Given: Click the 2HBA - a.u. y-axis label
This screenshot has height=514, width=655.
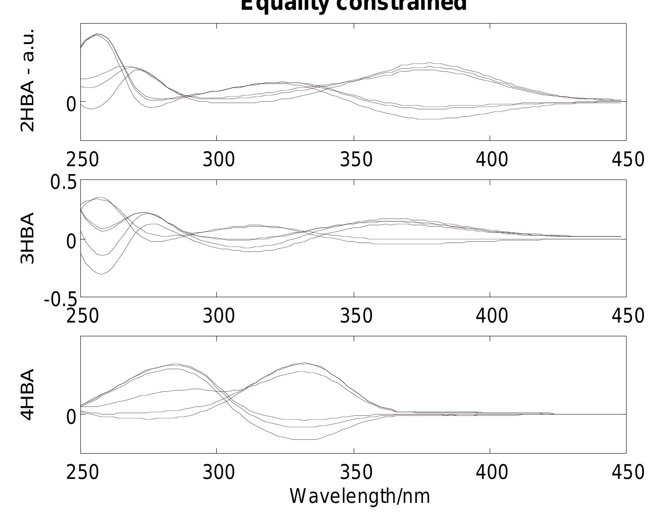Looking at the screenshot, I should (28, 80).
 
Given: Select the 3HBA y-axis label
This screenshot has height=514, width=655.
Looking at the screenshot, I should (28, 238).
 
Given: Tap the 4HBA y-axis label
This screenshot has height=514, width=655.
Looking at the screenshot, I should (28, 394).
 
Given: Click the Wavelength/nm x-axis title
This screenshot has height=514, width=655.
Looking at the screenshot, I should (360, 496).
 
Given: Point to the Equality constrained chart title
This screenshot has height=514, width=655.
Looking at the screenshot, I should (353, 5).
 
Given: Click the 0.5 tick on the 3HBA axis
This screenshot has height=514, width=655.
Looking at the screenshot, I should (64, 182).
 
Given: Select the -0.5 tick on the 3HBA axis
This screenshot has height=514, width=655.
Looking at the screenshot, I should (60, 300).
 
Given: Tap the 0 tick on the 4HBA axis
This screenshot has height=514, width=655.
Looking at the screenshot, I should (71, 417).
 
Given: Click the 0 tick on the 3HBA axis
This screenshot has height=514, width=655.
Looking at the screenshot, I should (71, 241).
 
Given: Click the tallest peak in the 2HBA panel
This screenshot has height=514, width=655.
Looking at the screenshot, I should (98, 34).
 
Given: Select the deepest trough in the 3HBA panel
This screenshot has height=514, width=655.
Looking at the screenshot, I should (102, 274).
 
